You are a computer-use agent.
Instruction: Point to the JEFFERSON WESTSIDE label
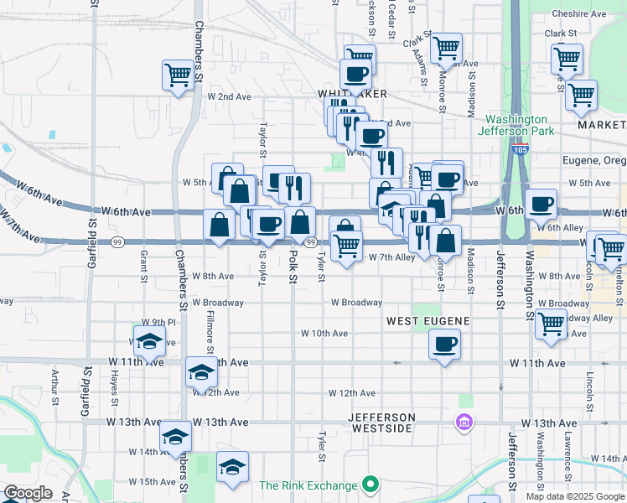coord(381,423)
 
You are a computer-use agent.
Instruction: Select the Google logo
coord(27,493)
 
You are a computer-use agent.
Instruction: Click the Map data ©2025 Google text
coord(574,496)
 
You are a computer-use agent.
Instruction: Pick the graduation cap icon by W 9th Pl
coord(150,340)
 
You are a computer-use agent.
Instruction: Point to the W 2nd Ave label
coord(229,96)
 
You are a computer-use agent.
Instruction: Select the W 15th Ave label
coord(152,481)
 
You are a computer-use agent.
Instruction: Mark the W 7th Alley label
coord(392,258)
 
